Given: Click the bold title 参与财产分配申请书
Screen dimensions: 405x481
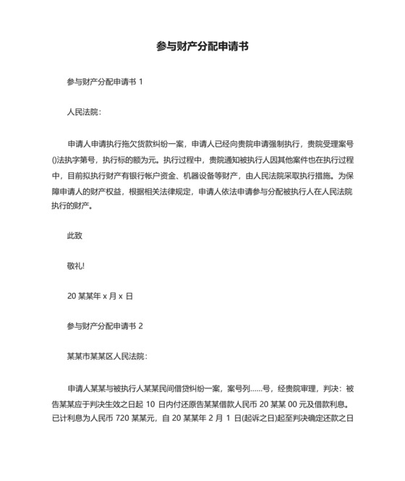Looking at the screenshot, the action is click(x=202, y=46).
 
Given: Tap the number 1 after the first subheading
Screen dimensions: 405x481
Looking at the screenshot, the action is click(x=140, y=82).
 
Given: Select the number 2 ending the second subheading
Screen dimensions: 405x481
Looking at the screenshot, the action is click(x=140, y=326).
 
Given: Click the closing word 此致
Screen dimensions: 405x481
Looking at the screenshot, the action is click(x=74, y=235).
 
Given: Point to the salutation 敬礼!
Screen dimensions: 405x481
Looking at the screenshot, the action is click(x=76, y=265).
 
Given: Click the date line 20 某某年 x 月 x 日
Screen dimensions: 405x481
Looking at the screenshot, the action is click(x=100, y=296).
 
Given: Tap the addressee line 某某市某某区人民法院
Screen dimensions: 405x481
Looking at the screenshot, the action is click(x=106, y=357).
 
